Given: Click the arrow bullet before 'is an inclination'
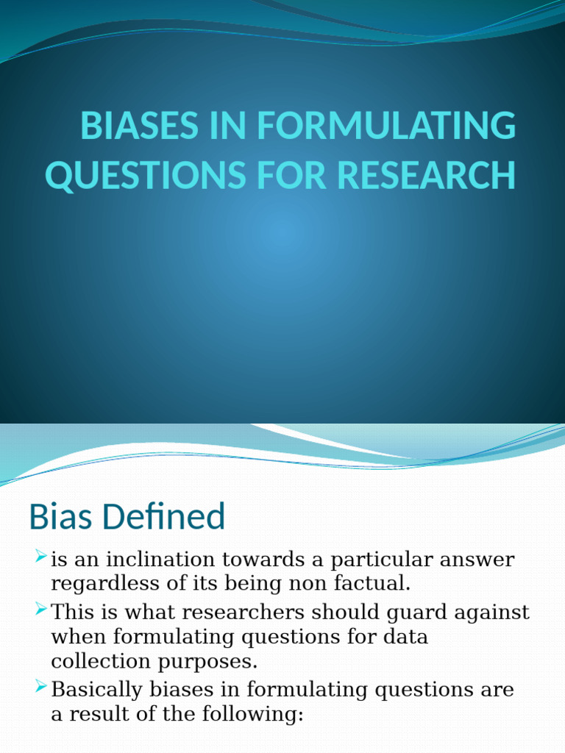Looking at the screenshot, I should (41, 557).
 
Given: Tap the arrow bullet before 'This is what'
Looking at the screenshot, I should (41, 609).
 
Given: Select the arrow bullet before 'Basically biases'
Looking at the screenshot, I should (41, 688).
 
